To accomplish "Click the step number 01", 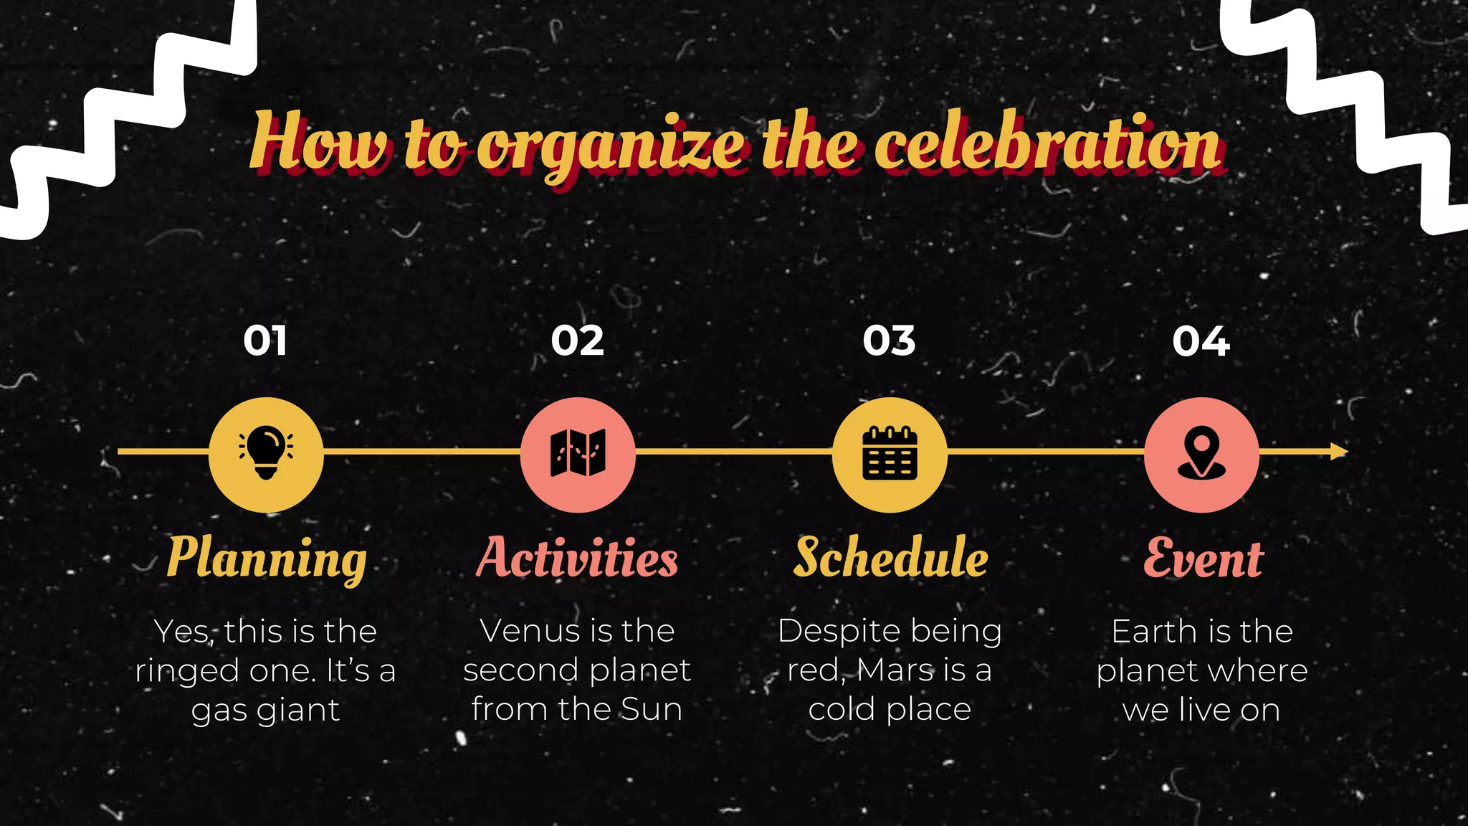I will point(265,341).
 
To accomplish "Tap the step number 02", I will point(577,341).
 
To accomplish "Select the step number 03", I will point(889,341).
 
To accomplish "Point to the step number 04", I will point(1201,341).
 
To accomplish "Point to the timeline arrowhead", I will point(1339,452).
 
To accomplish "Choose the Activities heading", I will point(577,558).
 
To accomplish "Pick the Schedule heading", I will point(890,558).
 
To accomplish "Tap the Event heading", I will point(1203,558).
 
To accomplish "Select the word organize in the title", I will point(611,147).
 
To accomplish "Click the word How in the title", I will point(320,141).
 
